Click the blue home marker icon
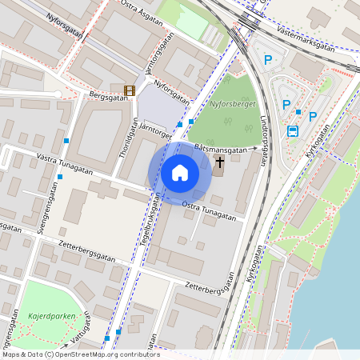180,172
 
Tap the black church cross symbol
219,162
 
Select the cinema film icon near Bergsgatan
129,90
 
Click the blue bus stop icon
294,132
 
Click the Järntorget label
155,132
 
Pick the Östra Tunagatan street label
209,210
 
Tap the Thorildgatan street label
123,141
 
